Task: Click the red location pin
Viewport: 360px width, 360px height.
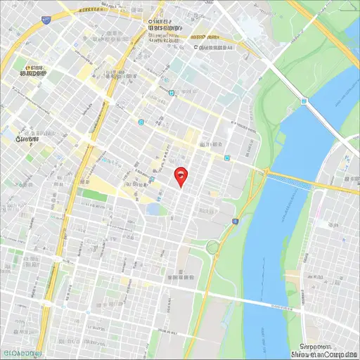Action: tap(181, 176)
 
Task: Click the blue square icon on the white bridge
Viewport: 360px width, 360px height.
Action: tap(303, 101)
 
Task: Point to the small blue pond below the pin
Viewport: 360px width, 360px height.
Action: tap(154, 209)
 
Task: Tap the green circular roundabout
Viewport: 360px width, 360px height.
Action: tap(212, 246)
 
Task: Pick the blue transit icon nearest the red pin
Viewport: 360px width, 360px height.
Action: tap(151, 180)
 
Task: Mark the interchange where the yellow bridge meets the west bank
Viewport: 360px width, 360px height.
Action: tap(265, 172)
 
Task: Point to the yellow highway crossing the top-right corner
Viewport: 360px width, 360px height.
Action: tap(330, 28)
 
